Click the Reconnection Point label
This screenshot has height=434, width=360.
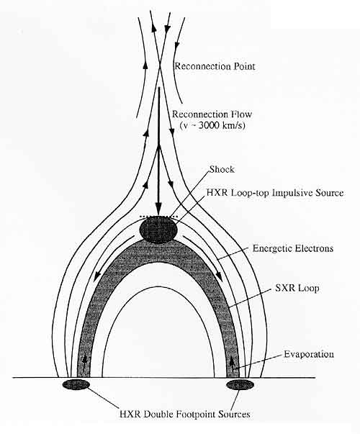[x=214, y=66]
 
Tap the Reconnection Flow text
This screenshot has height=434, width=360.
[x=212, y=114]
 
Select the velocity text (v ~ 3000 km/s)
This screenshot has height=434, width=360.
[x=212, y=125]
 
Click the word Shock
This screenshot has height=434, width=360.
[x=222, y=169]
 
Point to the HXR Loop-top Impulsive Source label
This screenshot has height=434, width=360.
[x=275, y=193]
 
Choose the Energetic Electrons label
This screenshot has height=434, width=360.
[x=293, y=248]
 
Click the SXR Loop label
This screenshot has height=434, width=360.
[x=297, y=288]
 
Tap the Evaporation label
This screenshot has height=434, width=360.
[x=309, y=354]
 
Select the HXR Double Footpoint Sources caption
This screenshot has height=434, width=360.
[x=185, y=415]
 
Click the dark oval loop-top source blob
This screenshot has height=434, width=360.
[x=158, y=230]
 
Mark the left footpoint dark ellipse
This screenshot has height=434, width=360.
[x=76, y=384]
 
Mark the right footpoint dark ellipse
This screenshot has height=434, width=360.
[x=240, y=384]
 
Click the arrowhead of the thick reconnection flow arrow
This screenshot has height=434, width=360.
[x=158, y=210]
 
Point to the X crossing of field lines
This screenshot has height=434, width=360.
[x=160, y=65]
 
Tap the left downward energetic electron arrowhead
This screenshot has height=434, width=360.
[x=96, y=276]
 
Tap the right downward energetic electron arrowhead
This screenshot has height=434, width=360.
[x=219, y=276]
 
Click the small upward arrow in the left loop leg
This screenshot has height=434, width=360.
[x=85, y=361]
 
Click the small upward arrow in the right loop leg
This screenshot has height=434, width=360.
[x=232, y=361]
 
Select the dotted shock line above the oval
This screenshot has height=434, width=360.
[x=158, y=216]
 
